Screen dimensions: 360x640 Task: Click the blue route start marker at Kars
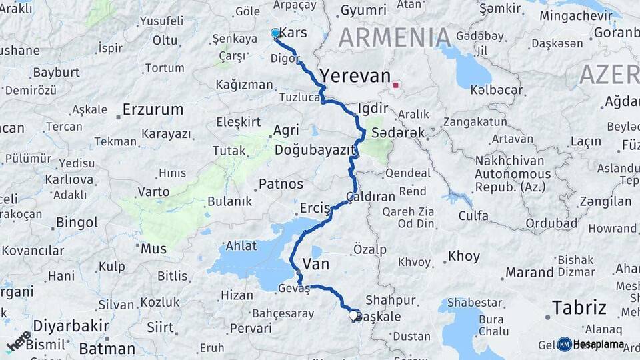[275, 33]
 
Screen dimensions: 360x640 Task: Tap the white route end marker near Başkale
[353, 315]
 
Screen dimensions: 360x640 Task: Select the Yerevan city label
[353, 73]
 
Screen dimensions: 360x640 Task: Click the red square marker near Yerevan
[396, 85]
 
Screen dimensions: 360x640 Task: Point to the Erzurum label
[153, 109]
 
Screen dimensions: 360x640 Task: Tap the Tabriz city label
[579, 307]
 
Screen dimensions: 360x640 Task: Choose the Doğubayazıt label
[313, 150]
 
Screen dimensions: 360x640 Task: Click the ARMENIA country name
[395, 37]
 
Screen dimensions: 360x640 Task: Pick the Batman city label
[107, 349]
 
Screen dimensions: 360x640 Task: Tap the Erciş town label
[315, 208]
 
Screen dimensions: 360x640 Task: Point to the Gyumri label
[363, 10]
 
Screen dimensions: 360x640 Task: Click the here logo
[18, 341]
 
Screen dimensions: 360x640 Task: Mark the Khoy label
[463, 256]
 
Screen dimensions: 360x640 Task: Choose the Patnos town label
[281, 183]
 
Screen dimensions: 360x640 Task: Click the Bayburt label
[56, 72]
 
